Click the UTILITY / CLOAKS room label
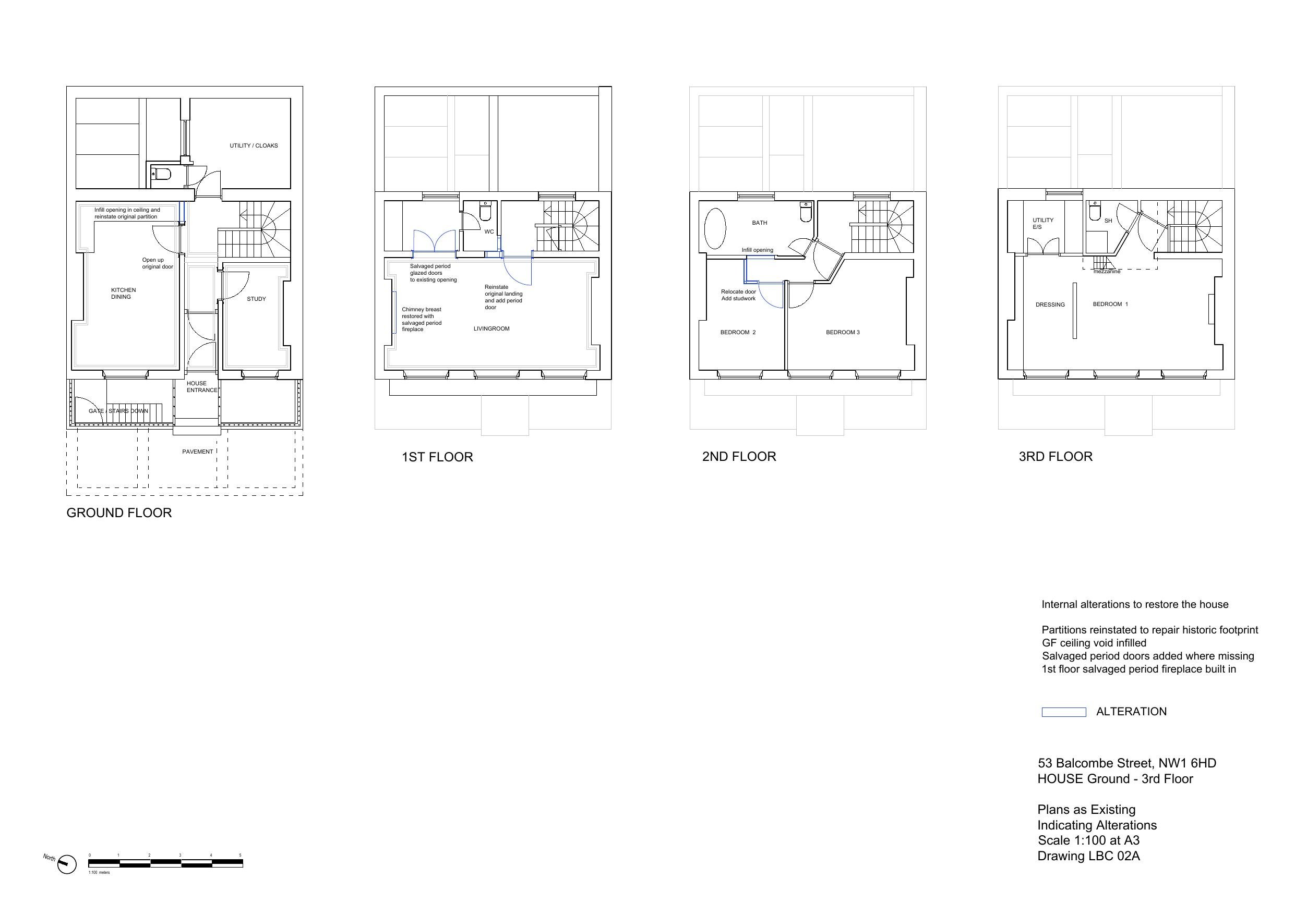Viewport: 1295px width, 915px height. [253, 145]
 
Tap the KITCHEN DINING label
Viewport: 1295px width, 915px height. [123, 293]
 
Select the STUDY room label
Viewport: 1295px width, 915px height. [256, 299]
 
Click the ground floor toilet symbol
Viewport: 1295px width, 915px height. [162, 174]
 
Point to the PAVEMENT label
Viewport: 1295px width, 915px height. [197, 452]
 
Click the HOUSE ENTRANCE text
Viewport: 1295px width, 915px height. [201, 387]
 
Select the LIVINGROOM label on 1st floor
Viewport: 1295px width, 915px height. [491, 328]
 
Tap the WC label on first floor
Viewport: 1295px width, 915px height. [489, 231]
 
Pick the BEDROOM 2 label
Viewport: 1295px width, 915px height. [738, 332]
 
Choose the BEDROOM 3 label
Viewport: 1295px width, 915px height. [843, 332]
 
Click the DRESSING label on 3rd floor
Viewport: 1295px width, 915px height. [1050, 304]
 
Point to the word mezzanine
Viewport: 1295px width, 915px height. [1107, 272]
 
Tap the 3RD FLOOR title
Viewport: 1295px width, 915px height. [1056, 456]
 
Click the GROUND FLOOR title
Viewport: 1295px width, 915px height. [119, 513]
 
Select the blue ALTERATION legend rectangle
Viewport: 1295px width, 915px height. [1063, 712]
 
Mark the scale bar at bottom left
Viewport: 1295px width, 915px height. [165, 863]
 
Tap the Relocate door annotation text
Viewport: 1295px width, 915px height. [738, 295]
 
